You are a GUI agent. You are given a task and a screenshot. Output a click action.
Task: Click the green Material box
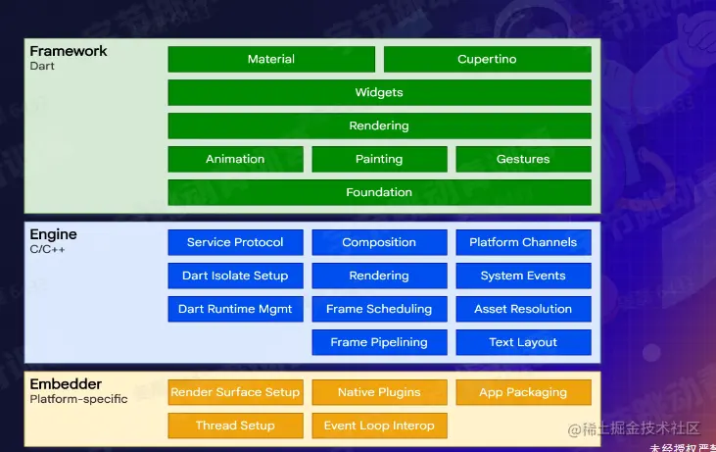pos(271,59)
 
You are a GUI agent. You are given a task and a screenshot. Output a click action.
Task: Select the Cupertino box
pos(487,59)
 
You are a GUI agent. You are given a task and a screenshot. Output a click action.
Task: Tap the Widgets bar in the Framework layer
pos(379,92)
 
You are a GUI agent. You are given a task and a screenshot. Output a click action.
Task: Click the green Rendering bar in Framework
pos(379,126)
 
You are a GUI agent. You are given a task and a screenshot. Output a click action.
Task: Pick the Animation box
pos(235,159)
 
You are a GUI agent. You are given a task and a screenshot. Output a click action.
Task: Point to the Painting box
pos(379,159)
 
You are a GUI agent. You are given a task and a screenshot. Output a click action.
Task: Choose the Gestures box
pos(523,159)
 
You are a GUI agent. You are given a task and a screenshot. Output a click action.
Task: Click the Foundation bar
pos(379,192)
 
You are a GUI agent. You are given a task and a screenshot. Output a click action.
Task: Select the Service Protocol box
pos(235,242)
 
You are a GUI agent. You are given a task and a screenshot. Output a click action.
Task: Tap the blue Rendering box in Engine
pos(379,276)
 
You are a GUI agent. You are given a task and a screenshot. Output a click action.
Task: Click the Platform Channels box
pos(523,242)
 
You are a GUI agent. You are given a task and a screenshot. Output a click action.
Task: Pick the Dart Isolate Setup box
pos(235,276)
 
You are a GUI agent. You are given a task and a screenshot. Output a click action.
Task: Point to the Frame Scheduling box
pos(379,309)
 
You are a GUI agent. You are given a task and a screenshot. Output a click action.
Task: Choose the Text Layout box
pos(523,342)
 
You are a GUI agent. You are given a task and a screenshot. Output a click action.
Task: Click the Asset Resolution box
pos(523,309)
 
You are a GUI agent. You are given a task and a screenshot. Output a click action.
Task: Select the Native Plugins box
pos(379,392)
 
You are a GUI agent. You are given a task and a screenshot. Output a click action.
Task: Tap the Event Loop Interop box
pos(379,426)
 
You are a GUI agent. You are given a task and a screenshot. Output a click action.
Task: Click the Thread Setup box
pos(235,426)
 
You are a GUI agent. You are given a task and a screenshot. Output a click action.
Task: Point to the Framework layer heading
pos(69,51)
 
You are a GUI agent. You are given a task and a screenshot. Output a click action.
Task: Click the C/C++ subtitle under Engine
pos(48,250)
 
